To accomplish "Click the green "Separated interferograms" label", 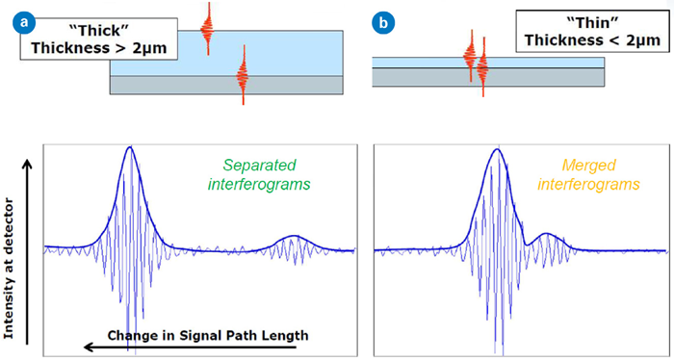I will tap(262, 174).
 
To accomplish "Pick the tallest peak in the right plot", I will tap(498, 149).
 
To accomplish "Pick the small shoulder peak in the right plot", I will tap(547, 233).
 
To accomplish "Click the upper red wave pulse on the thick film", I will tap(206, 27).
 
